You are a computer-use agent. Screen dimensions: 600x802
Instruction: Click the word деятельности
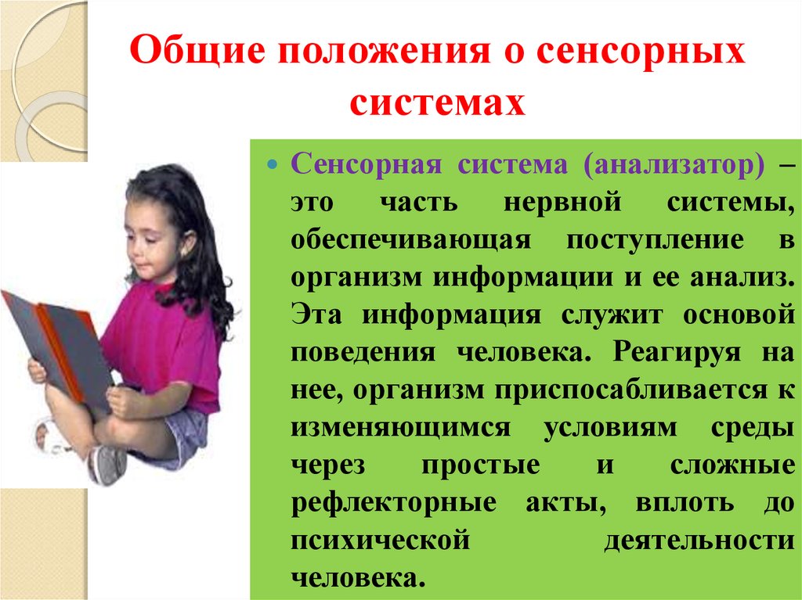tap(700, 539)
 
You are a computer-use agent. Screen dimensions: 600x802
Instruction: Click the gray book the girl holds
tap(55, 344)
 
